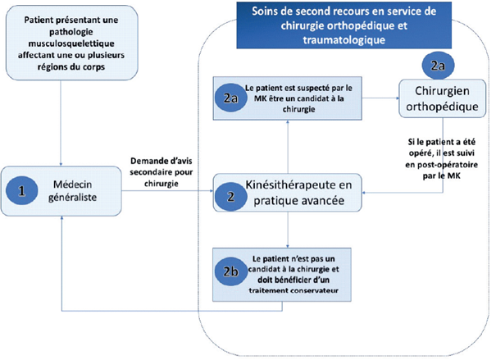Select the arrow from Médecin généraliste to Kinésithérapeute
[x=164, y=194]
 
